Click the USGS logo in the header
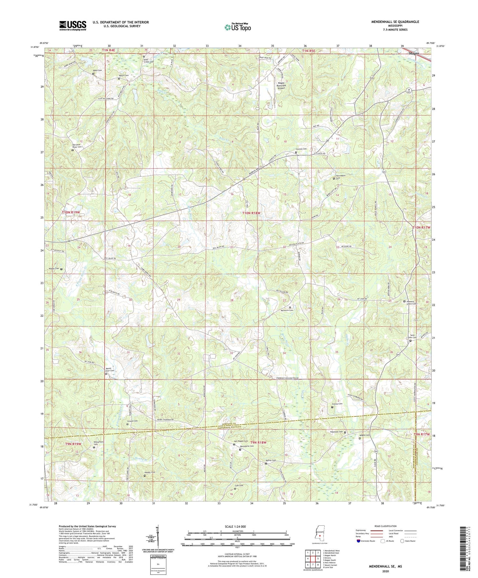tap(72, 26)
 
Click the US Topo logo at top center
tap(237, 27)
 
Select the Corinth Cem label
tap(301, 149)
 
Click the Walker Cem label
tap(55, 269)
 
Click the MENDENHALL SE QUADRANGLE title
tap(395, 22)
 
